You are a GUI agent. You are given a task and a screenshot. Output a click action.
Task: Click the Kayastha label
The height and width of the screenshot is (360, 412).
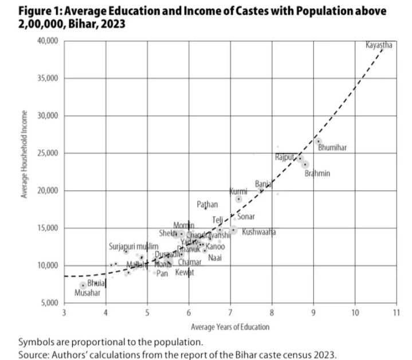point(378,45)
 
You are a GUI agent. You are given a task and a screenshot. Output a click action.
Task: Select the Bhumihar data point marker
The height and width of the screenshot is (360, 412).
point(318,141)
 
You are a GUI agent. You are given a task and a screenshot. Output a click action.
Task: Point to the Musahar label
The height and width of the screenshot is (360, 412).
point(87,292)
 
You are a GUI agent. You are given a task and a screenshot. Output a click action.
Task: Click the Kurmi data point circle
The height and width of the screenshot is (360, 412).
point(238,199)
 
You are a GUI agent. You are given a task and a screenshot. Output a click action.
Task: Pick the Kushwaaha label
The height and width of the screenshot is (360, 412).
point(258,232)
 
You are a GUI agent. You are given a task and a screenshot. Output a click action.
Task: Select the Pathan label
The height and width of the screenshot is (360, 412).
point(207,204)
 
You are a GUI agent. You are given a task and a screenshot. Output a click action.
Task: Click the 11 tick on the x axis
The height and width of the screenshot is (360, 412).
point(396,312)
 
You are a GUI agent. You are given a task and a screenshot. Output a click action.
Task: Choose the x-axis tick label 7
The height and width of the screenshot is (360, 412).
point(230,312)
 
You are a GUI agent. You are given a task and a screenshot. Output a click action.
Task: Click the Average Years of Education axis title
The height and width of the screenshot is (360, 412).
point(230,327)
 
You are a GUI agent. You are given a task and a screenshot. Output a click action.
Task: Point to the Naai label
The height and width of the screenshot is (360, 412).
point(215,257)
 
